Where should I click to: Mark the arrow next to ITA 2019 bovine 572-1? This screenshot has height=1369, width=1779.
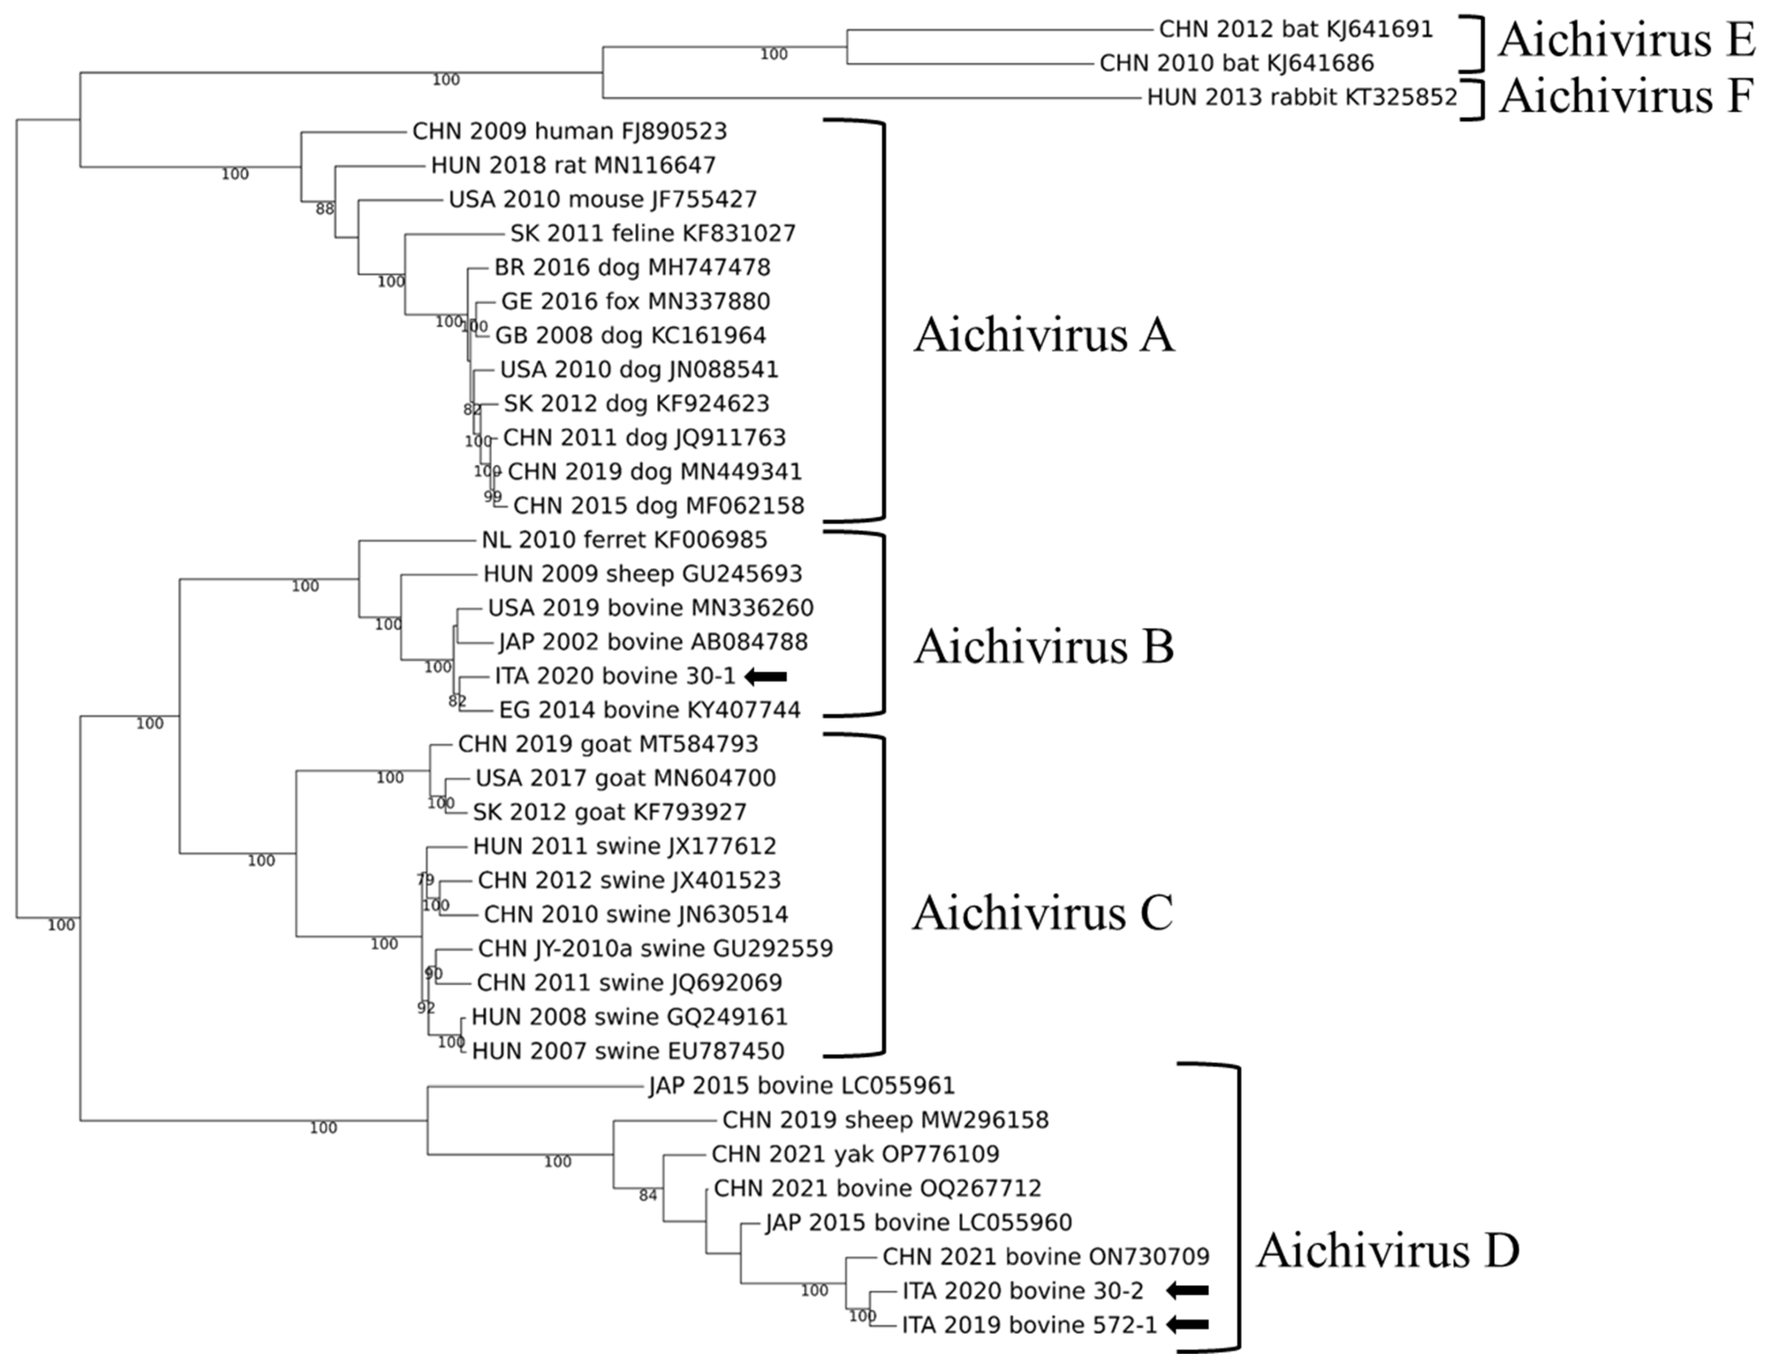coord(1187,1325)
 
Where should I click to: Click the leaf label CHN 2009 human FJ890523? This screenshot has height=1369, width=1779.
coord(569,131)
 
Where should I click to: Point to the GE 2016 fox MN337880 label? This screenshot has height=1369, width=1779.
coord(635,302)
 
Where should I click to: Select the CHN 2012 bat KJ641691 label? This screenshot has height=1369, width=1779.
coord(1295,29)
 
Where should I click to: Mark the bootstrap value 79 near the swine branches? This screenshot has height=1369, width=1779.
coord(425,879)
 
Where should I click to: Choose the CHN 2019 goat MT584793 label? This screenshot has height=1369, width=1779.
coord(608,744)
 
